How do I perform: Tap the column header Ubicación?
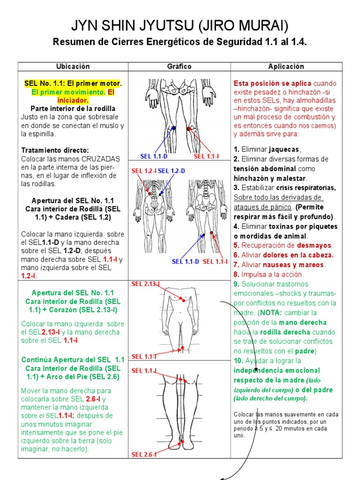[73, 67]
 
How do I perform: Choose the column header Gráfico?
[180, 67]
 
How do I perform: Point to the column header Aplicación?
[286, 67]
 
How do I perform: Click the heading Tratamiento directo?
[55, 150]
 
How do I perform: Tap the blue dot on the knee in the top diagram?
[174, 127]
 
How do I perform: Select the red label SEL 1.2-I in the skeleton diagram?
[144, 171]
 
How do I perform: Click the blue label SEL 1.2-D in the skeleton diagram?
[172, 171]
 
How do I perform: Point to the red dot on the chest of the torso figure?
[183, 300]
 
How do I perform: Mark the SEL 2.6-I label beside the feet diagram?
[144, 454]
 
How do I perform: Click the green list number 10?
[238, 360]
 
